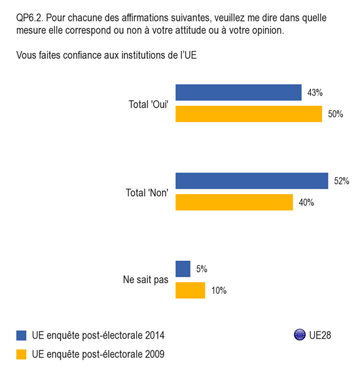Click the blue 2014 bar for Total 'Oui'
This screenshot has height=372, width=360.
click(238, 93)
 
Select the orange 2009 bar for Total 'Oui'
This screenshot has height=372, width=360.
click(249, 114)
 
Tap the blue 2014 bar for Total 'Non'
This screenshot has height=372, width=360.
click(252, 181)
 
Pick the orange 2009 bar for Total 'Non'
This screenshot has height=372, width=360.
click(234, 202)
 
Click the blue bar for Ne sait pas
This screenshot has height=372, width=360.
click(183, 269)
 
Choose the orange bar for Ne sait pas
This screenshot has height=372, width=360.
click(190, 290)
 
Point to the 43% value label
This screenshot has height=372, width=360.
click(315, 93)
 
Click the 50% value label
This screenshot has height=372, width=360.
click(336, 114)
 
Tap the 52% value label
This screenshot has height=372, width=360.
click(342, 181)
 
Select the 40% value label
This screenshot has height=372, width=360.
click(306, 203)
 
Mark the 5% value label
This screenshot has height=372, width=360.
click(202, 269)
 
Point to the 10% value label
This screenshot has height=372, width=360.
click(219, 290)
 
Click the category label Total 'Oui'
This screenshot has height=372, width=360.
click(149, 105)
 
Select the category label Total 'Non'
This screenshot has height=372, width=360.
click(147, 193)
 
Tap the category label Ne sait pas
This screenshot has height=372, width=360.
click(145, 280)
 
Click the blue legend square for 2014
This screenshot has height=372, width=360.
click(21, 335)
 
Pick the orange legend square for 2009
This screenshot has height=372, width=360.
click(21, 354)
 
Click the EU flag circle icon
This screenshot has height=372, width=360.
click(300, 335)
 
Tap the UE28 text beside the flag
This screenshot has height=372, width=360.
click(320, 335)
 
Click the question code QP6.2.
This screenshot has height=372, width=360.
click(29, 18)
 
